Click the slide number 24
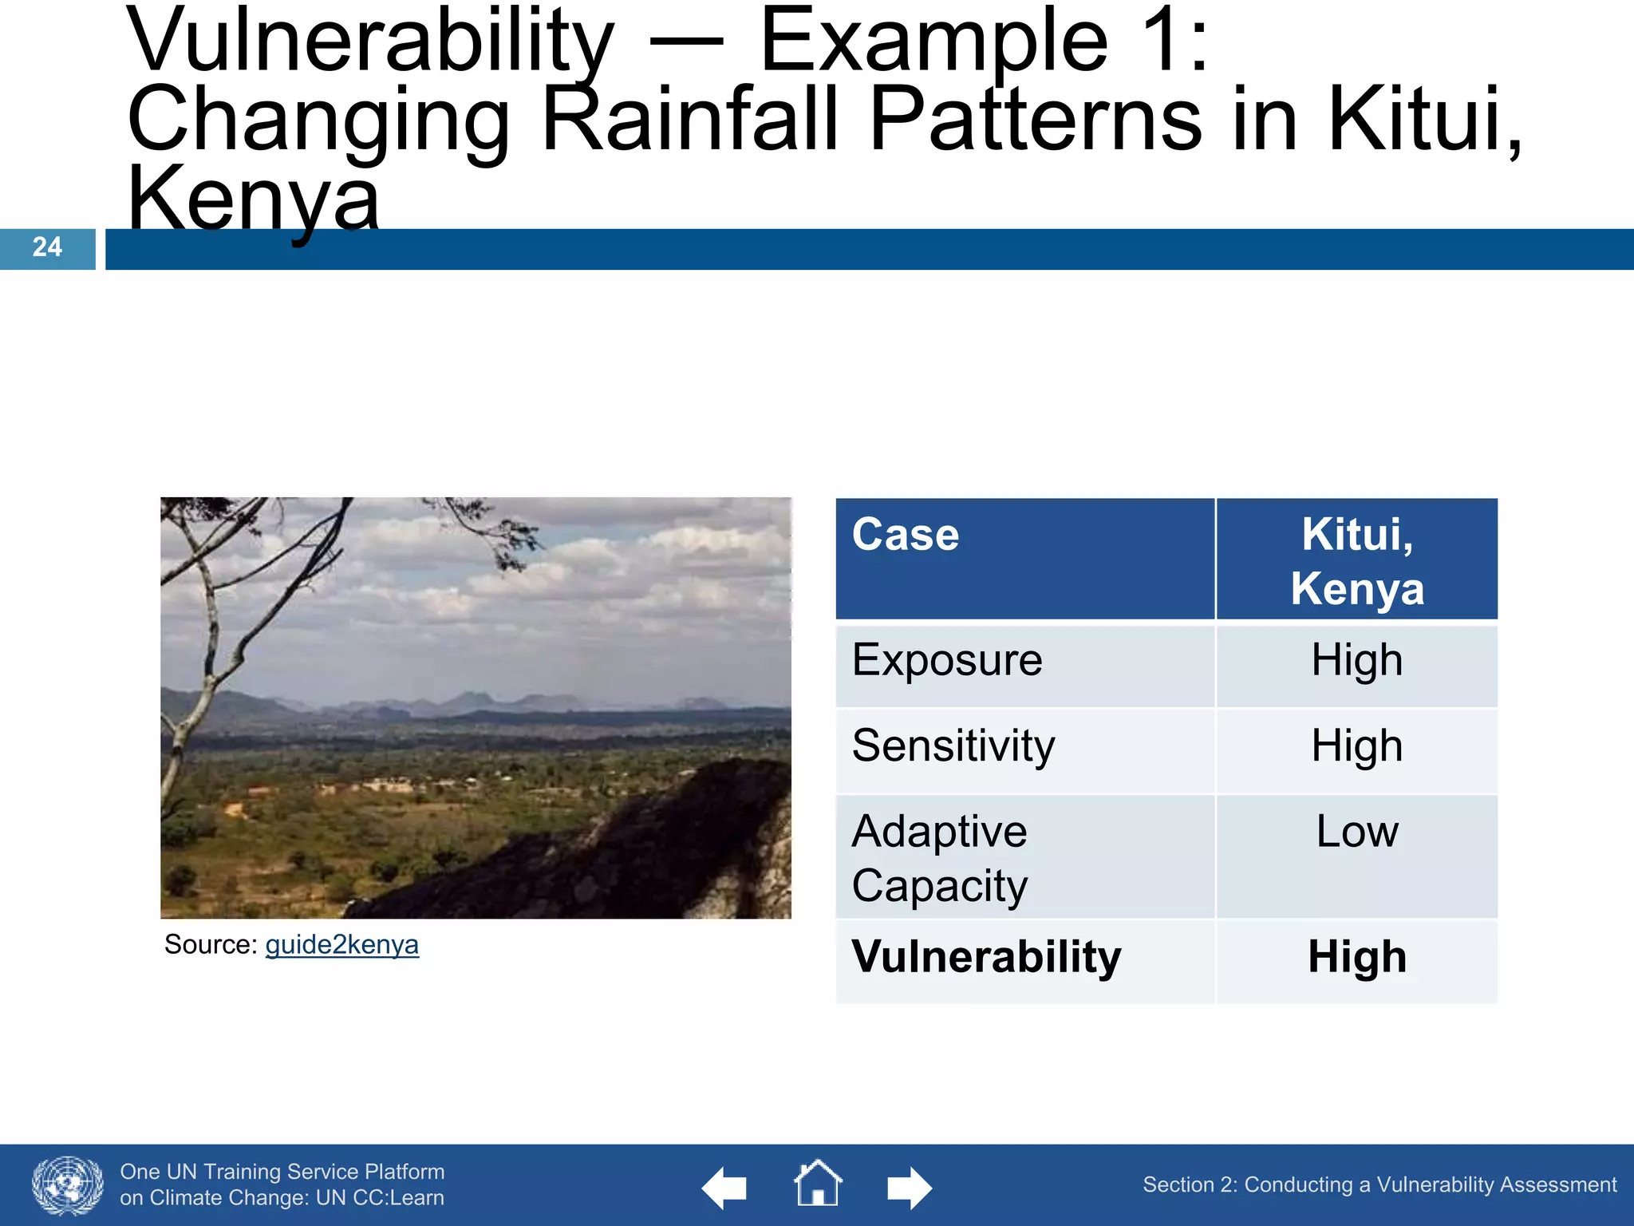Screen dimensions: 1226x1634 click(47, 247)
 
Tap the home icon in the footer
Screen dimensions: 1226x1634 click(817, 1184)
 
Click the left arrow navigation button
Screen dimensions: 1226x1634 click(724, 1188)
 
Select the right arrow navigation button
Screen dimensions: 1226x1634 click(909, 1188)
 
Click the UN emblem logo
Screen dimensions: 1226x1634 click(68, 1185)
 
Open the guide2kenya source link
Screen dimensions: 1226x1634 click(341, 945)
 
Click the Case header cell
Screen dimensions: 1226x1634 click(906, 535)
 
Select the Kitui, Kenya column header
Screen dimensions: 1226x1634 click(1356, 561)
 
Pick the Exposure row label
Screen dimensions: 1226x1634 click(947, 661)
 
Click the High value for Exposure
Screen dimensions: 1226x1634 click(1356, 661)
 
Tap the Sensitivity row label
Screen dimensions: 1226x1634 click(953, 746)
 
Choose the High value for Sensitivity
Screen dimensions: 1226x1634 click(1356, 746)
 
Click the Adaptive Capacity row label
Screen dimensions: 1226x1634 click(940, 858)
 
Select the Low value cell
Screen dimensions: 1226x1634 click(1356, 832)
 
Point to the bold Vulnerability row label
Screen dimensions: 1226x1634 click(986, 957)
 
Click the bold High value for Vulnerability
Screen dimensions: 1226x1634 click(1356, 957)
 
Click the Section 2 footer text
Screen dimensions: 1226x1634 click(1379, 1185)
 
